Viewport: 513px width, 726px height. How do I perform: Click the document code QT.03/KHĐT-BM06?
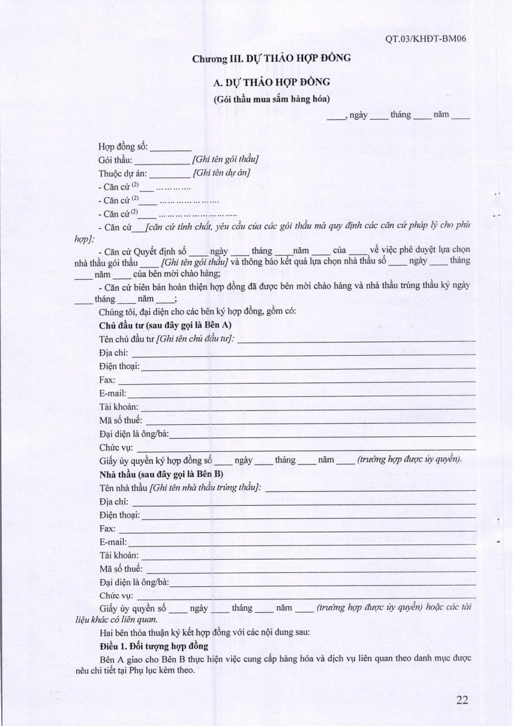[x=428, y=40]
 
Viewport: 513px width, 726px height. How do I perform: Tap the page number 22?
[x=463, y=701]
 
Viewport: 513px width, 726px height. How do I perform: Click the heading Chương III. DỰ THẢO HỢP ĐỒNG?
[x=272, y=59]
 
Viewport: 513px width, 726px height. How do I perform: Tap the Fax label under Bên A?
[x=106, y=380]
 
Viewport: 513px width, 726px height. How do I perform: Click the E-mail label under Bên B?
[x=113, y=541]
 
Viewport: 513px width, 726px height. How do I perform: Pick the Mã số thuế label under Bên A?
[x=120, y=420]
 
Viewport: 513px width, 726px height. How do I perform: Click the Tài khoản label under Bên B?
[x=119, y=555]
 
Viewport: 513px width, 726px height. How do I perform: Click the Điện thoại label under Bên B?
[x=119, y=515]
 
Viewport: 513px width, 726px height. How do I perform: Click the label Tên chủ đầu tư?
[x=126, y=339]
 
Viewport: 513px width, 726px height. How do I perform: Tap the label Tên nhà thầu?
[x=123, y=488]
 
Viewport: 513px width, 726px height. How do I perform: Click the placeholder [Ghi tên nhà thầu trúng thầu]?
[x=206, y=488]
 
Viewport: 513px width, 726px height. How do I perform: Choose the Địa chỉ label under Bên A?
[x=113, y=353]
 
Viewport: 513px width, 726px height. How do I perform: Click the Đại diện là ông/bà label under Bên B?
[x=133, y=582]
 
